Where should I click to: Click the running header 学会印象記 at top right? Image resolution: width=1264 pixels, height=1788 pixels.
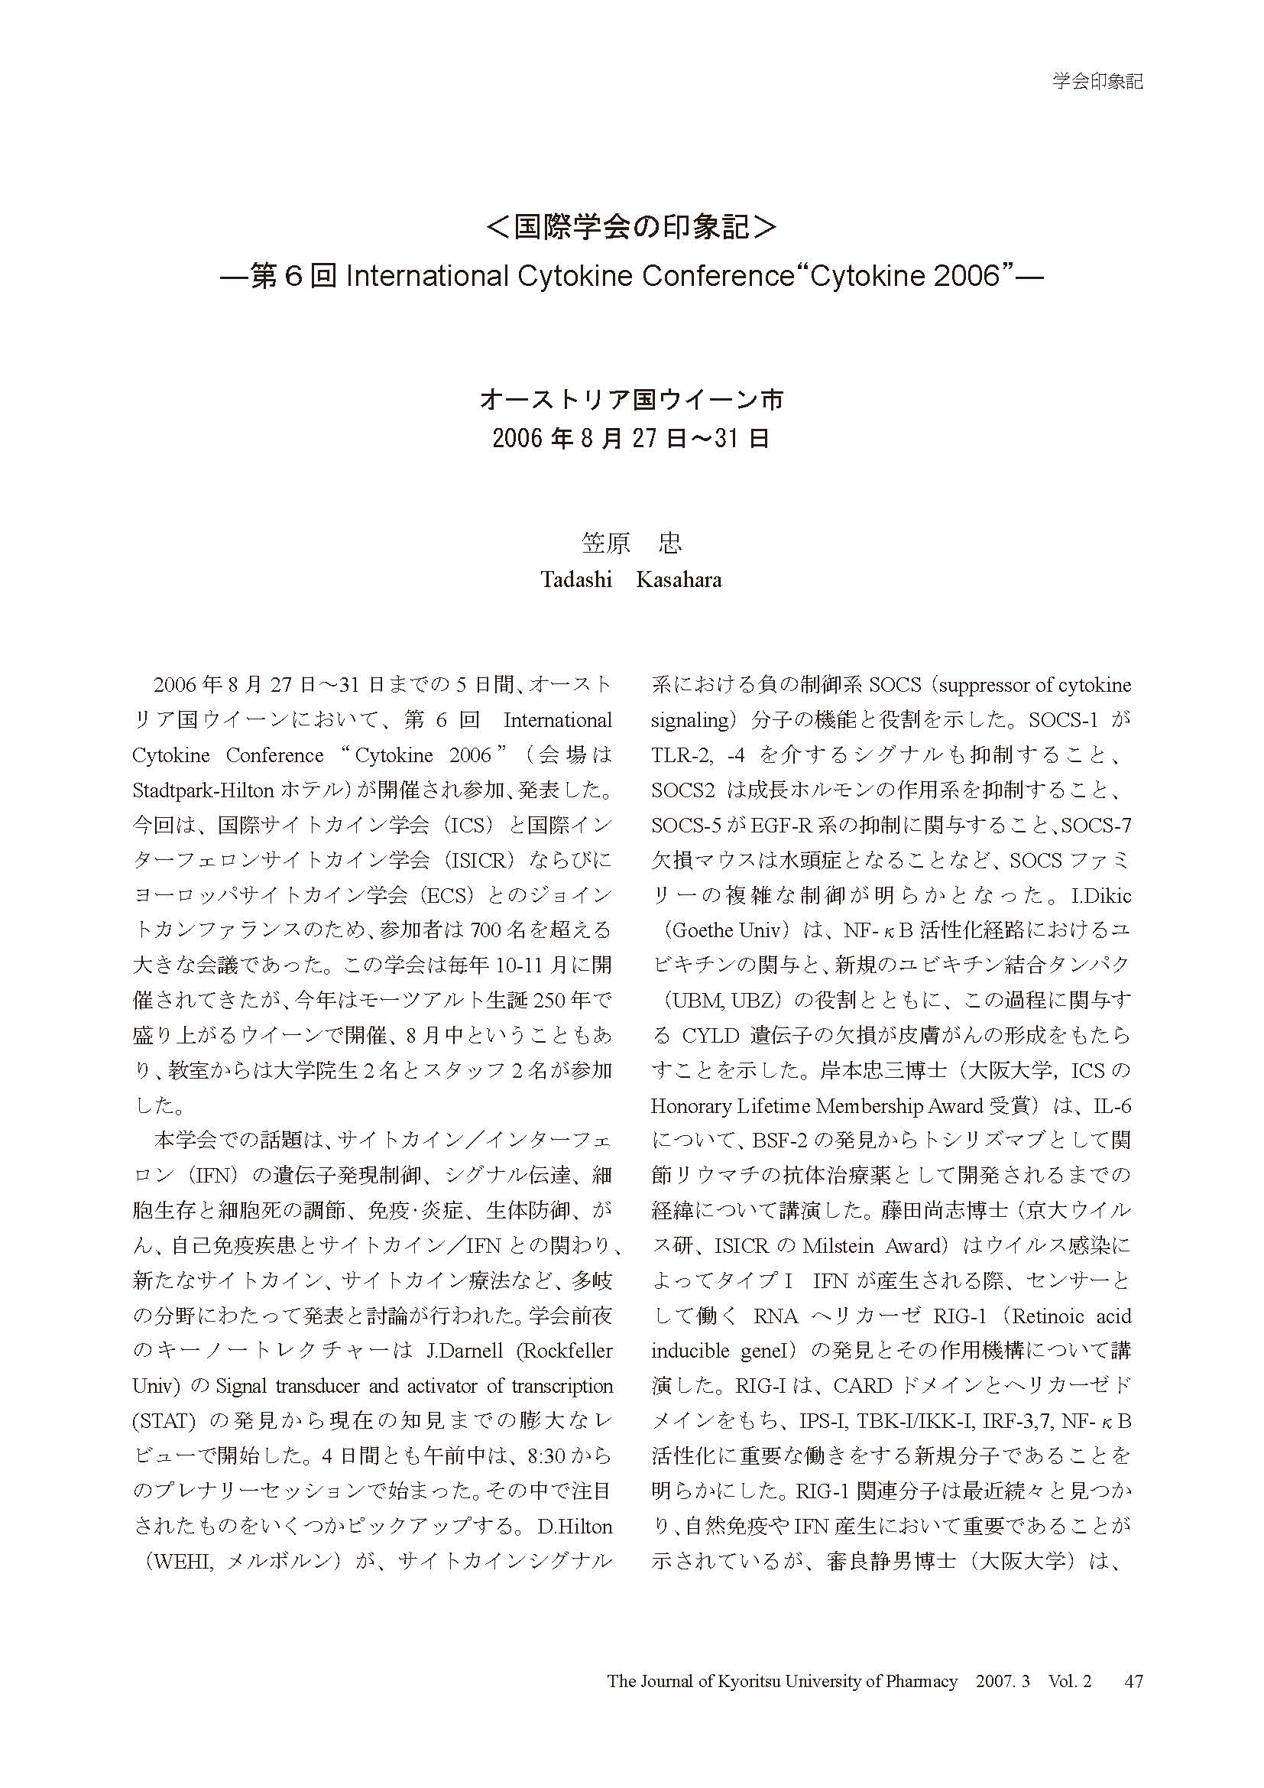pos(1097,81)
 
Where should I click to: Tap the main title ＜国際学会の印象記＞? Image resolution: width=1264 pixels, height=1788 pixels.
pos(631,226)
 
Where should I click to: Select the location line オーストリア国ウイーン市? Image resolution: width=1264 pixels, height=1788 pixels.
pos(631,401)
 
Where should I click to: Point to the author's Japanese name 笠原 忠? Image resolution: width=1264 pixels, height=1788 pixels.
pos(631,543)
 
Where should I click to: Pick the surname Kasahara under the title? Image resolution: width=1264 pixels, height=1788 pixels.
pos(679,580)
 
